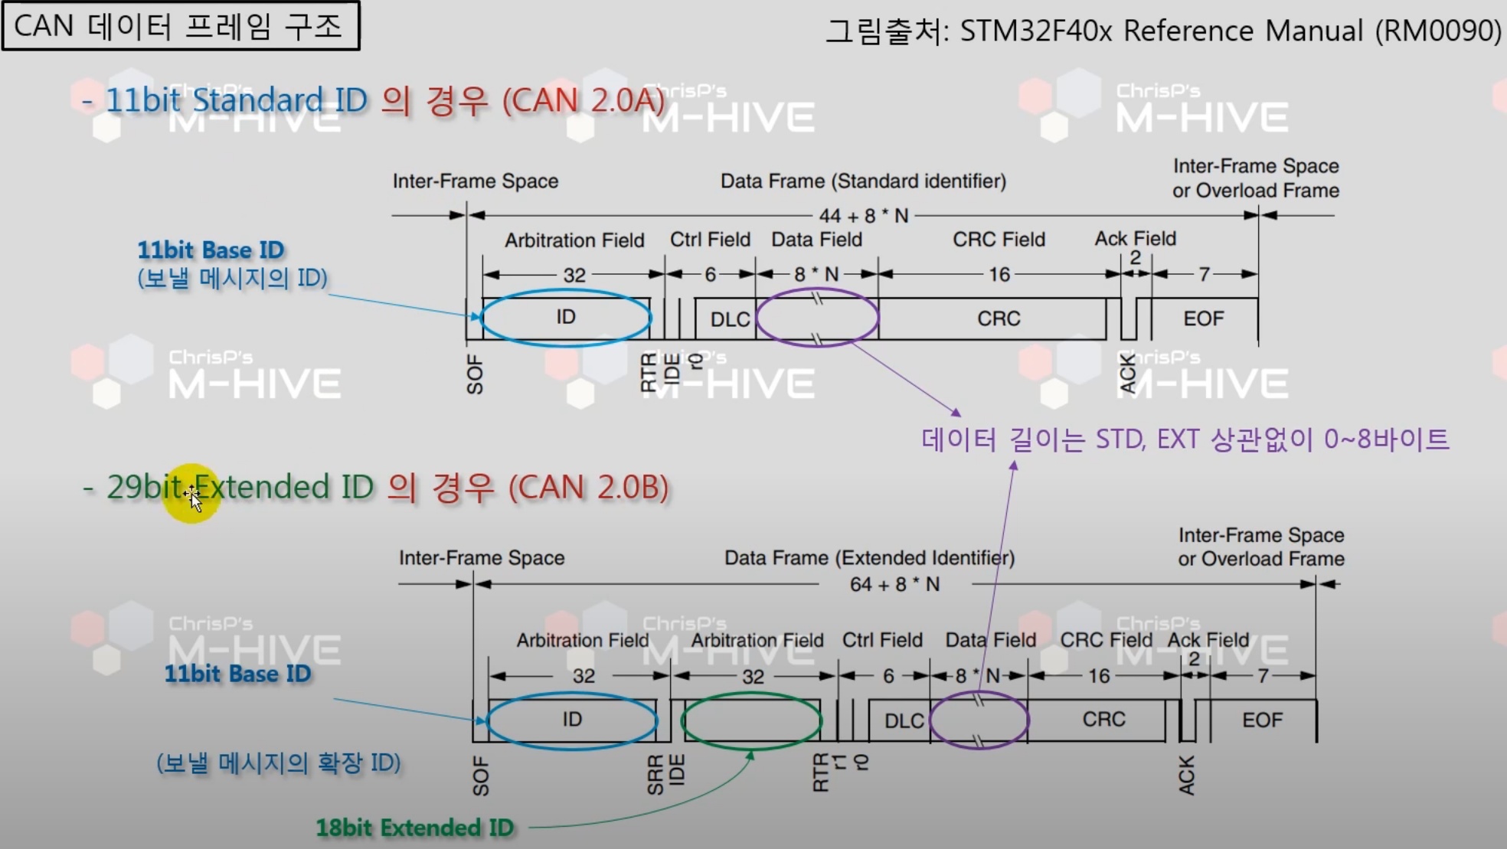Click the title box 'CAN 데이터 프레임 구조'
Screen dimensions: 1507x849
(x=181, y=26)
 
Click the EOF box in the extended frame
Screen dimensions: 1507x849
(x=1261, y=720)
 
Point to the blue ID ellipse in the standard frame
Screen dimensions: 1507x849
(x=566, y=318)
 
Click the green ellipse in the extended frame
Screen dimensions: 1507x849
(x=751, y=720)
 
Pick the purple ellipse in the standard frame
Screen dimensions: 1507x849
(x=817, y=318)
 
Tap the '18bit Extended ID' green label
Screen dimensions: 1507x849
(x=414, y=828)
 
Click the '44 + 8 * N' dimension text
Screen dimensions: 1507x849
(x=863, y=216)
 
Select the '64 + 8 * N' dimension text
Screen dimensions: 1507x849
(x=894, y=585)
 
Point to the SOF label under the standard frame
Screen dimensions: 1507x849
(x=475, y=374)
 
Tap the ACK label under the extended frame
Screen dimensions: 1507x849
(x=1186, y=775)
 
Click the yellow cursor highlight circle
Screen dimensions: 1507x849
(x=191, y=494)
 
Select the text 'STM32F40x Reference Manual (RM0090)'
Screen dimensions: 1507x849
(x=1230, y=31)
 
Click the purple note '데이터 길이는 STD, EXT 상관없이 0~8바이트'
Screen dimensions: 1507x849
(x=1185, y=439)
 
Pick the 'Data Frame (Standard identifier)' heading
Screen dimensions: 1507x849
(x=863, y=181)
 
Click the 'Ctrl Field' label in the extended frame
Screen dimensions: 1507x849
(x=882, y=640)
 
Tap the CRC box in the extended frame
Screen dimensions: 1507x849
(x=1103, y=720)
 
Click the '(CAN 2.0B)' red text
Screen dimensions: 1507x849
(x=588, y=488)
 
